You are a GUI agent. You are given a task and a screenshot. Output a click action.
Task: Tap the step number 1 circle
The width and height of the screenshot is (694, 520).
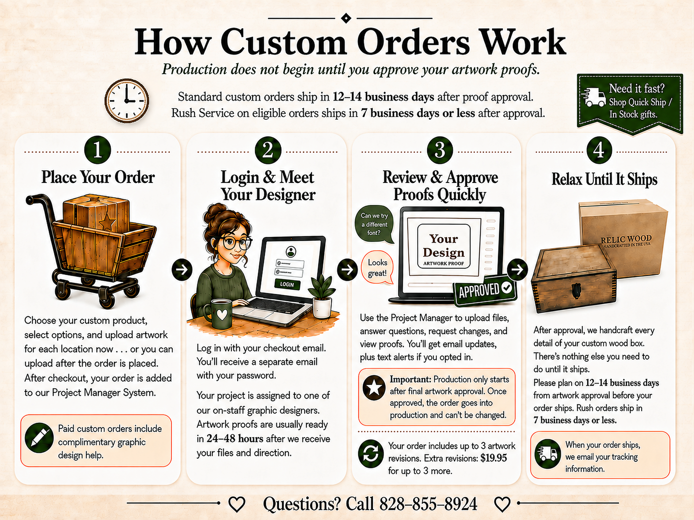tap(98, 150)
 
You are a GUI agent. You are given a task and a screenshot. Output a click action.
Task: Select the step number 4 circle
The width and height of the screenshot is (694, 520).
tap(599, 150)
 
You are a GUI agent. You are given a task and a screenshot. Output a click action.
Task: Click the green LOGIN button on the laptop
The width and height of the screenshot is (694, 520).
tap(287, 284)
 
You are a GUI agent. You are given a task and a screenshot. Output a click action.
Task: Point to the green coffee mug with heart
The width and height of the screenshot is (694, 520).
tap(220, 314)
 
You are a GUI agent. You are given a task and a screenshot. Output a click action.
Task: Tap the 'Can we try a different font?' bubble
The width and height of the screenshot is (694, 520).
tap(374, 224)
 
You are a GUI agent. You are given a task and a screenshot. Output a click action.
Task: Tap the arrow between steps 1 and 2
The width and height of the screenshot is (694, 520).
tap(182, 269)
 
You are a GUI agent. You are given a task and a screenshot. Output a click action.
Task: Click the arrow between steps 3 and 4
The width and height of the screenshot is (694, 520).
tap(517, 269)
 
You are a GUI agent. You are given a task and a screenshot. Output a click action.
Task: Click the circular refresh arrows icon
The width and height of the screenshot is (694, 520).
tap(371, 453)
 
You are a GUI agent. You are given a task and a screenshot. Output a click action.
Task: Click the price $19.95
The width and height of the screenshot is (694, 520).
tap(493, 458)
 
